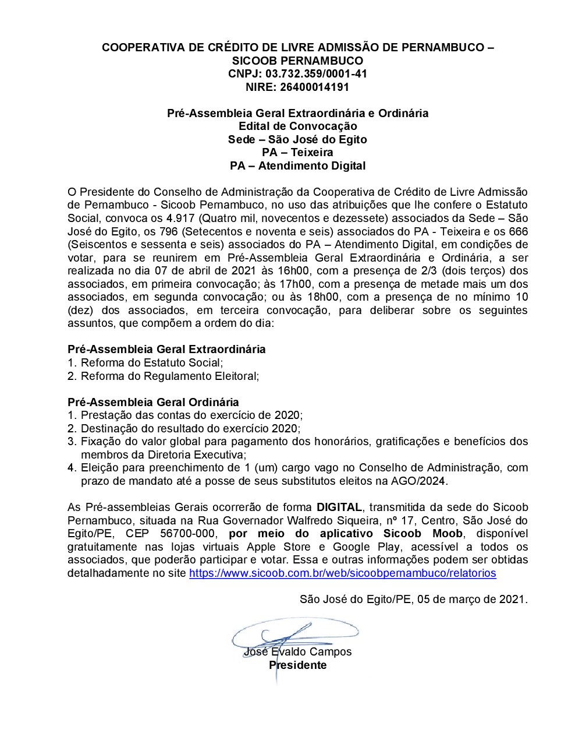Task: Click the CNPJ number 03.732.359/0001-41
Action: tap(316, 74)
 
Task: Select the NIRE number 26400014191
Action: tap(314, 87)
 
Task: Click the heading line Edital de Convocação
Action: tap(297, 126)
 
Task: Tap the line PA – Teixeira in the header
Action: tap(297, 153)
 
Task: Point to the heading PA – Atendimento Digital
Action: tap(297, 166)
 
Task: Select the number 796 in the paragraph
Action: tap(169, 232)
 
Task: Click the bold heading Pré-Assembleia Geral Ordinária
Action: tap(153, 403)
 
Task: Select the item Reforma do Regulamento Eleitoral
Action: tap(169, 376)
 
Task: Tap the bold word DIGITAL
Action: tap(339, 508)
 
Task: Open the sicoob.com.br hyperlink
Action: tap(342, 573)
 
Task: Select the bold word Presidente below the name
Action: tap(297, 665)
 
